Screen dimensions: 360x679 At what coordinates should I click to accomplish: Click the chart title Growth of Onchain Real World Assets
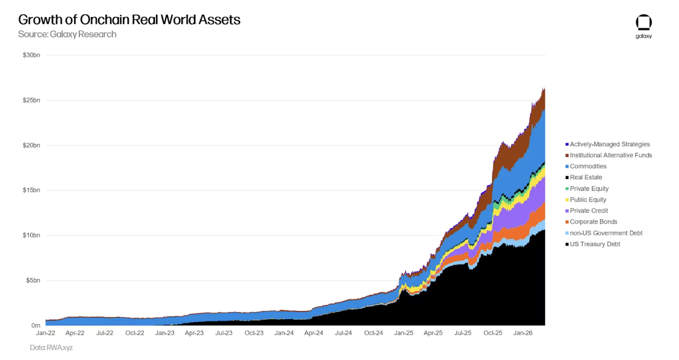(129, 20)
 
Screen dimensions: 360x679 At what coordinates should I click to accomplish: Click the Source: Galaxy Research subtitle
(67, 34)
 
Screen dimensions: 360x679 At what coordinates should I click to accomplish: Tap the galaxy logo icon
(644, 23)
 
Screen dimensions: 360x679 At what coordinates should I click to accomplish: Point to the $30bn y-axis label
(32, 55)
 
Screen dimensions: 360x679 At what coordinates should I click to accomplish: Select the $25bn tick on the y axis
(32, 100)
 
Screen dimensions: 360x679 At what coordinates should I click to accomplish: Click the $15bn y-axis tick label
(32, 190)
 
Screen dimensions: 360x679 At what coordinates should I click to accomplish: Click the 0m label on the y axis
(36, 325)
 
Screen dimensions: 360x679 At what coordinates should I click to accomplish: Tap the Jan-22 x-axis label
(45, 333)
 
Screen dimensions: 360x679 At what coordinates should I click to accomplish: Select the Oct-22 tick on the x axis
(134, 333)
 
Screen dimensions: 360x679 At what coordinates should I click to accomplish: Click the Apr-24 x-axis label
(313, 333)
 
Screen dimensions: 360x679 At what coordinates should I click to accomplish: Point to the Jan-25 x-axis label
(403, 333)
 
